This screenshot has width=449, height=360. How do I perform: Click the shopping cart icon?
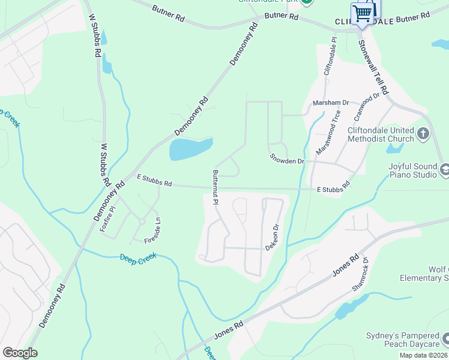pos(363,13)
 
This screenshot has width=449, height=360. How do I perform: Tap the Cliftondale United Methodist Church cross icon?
pos(423,133)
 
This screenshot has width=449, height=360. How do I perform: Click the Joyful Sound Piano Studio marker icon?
pos(445,171)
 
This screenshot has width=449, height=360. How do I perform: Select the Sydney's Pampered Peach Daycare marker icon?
pos(445,339)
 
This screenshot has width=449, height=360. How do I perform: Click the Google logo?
pos(20,353)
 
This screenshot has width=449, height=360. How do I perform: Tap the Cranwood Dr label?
pos(368,104)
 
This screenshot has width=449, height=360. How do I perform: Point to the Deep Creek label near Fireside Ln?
pos(138,257)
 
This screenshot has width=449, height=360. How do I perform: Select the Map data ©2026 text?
pos(423,355)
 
